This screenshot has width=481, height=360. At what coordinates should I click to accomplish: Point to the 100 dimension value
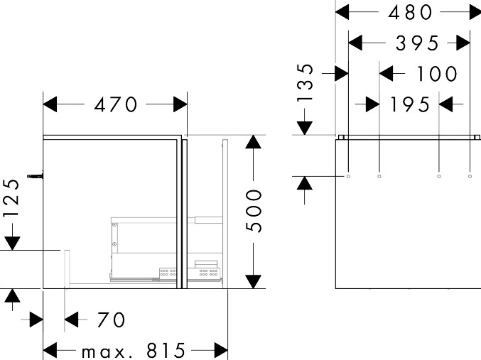pyautogui.click(x=438, y=74)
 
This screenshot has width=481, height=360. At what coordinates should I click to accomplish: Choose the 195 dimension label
pyautogui.click(x=410, y=105)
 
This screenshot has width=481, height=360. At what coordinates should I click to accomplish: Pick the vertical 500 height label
pyautogui.click(x=254, y=211)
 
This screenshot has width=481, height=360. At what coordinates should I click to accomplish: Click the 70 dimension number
pyautogui.click(x=112, y=320)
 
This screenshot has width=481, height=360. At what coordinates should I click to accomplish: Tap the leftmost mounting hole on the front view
pyautogui.click(x=348, y=175)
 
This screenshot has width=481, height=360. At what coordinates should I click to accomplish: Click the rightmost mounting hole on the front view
pyautogui.click(x=470, y=175)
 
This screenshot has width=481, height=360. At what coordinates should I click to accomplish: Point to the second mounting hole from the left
pyautogui.click(x=379, y=175)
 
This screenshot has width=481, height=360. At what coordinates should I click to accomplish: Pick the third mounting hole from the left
pyautogui.click(x=439, y=175)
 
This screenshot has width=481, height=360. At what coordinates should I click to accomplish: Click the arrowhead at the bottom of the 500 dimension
pyautogui.click(x=254, y=281)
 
